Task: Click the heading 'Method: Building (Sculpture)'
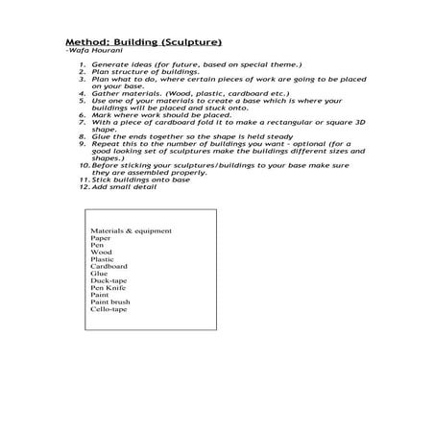pyautogui.click(x=143, y=43)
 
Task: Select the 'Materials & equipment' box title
pyautogui.click(x=131, y=231)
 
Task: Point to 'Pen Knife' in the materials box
pyautogui.click(x=107, y=288)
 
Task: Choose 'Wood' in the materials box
pyautogui.click(x=101, y=253)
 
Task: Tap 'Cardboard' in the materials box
pyautogui.click(x=108, y=267)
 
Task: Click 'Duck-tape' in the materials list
pyautogui.click(x=108, y=281)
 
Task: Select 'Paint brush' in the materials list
pyautogui.click(x=109, y=302)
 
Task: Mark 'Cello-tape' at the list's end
pyautogui.click(x=108, y=310)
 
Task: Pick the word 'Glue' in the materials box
pyautogui.click(x=99, y=275)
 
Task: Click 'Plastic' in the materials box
pyautogui.click(x=102, y=260)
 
